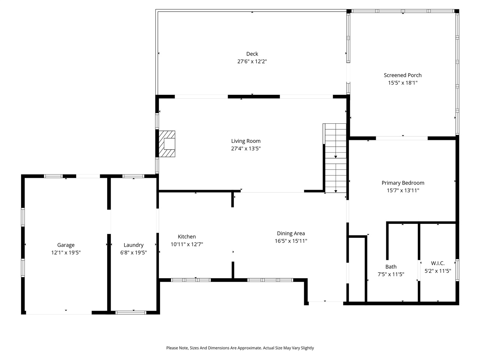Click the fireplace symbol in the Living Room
tap(167, 144)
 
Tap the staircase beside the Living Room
tap(335, 157)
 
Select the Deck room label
tap(252, 54)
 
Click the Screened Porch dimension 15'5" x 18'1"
tap(402, 82)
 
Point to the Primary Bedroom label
tap(403, 183)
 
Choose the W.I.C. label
tap(438, 263)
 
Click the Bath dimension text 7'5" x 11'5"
tap(391, 274)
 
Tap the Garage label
tap(66, 245)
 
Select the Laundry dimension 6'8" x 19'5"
tap(133, 252)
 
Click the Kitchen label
tap(187, 237)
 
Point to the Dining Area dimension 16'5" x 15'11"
tap(291, 241)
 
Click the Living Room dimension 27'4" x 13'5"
tap(246, 148)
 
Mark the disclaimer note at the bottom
tap(240, 348)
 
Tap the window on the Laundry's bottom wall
tap(130, 312)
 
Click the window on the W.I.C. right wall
tap(457, 270)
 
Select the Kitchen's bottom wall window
tap(191, 280)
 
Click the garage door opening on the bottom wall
tap(59, 312)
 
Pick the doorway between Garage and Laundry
tap(109, 222)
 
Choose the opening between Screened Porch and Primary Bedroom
tap(402, 138)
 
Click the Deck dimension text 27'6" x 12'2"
tap(252, 61)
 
